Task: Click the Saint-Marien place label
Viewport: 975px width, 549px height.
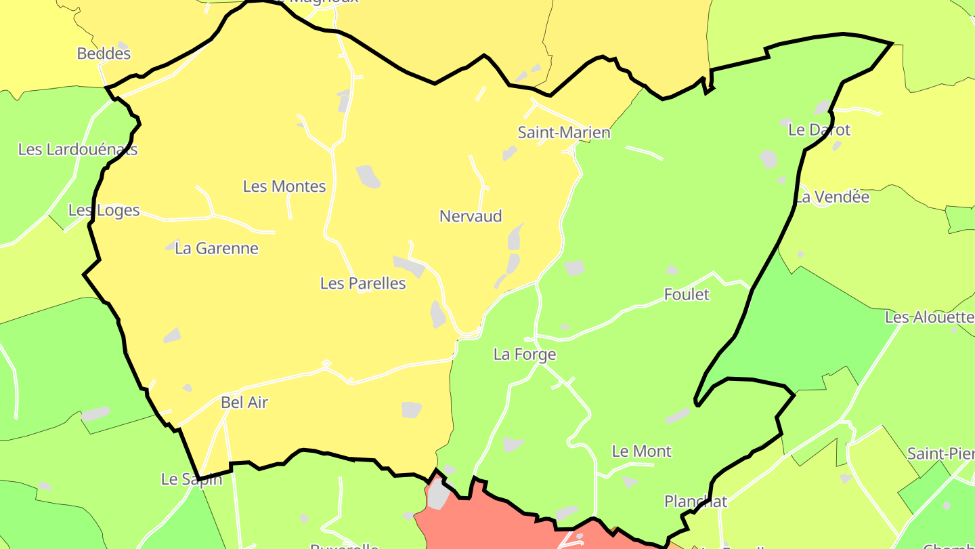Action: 563,132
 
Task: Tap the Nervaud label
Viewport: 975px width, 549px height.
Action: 471,216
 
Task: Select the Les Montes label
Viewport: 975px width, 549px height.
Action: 284,186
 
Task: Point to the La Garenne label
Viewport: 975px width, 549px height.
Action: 217,248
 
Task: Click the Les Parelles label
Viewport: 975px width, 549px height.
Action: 363,283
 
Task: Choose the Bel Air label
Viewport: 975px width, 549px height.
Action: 244,402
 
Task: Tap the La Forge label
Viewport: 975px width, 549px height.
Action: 525,354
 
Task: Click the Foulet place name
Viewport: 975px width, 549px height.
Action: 687,294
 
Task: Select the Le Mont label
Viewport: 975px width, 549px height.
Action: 641,451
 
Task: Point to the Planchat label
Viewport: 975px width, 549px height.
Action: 695,502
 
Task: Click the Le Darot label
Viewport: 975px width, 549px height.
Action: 819,129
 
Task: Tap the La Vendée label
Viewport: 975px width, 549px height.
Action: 832,197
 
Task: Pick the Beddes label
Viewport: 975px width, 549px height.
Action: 104,54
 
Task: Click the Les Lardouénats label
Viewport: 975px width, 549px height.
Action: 78,149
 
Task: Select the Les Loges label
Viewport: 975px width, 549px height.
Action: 104,210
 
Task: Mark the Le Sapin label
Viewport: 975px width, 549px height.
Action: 191,479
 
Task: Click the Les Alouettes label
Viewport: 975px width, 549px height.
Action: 930,317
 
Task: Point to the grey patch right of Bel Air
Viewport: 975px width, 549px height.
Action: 411,409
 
